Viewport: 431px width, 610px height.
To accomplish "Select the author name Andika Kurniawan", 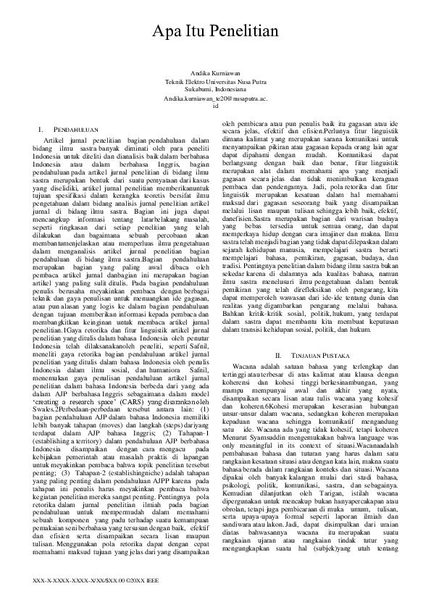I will point(216,75).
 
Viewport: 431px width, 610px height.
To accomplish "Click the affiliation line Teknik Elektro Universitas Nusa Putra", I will point(216,82).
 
